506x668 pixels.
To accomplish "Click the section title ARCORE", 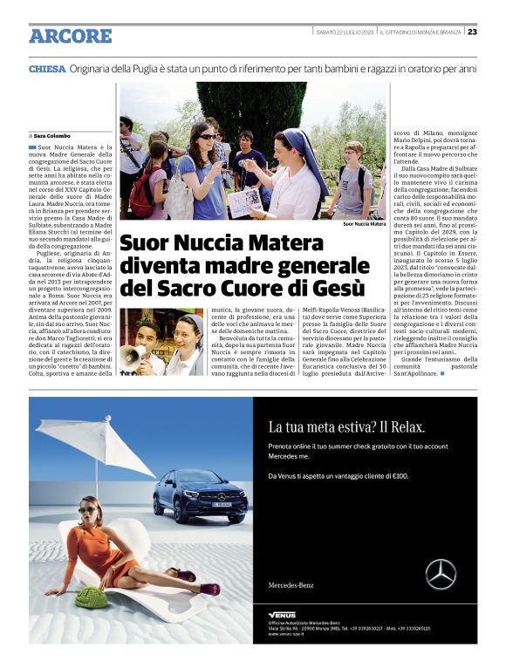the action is tap(71, 36).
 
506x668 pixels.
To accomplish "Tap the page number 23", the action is tap(472, 32).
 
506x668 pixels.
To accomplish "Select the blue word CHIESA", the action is tap(46, 68).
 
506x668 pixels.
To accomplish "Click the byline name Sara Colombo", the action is tap(55, 135).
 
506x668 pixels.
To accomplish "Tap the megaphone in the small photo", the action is tap(131, 352).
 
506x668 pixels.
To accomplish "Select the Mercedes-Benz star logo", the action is tap(440, 575).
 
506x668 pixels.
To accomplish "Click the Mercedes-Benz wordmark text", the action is tap(291, 585).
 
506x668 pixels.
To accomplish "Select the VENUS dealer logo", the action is tap(282, 615).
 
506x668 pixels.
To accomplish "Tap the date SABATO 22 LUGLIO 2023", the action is tap(344, 32).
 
